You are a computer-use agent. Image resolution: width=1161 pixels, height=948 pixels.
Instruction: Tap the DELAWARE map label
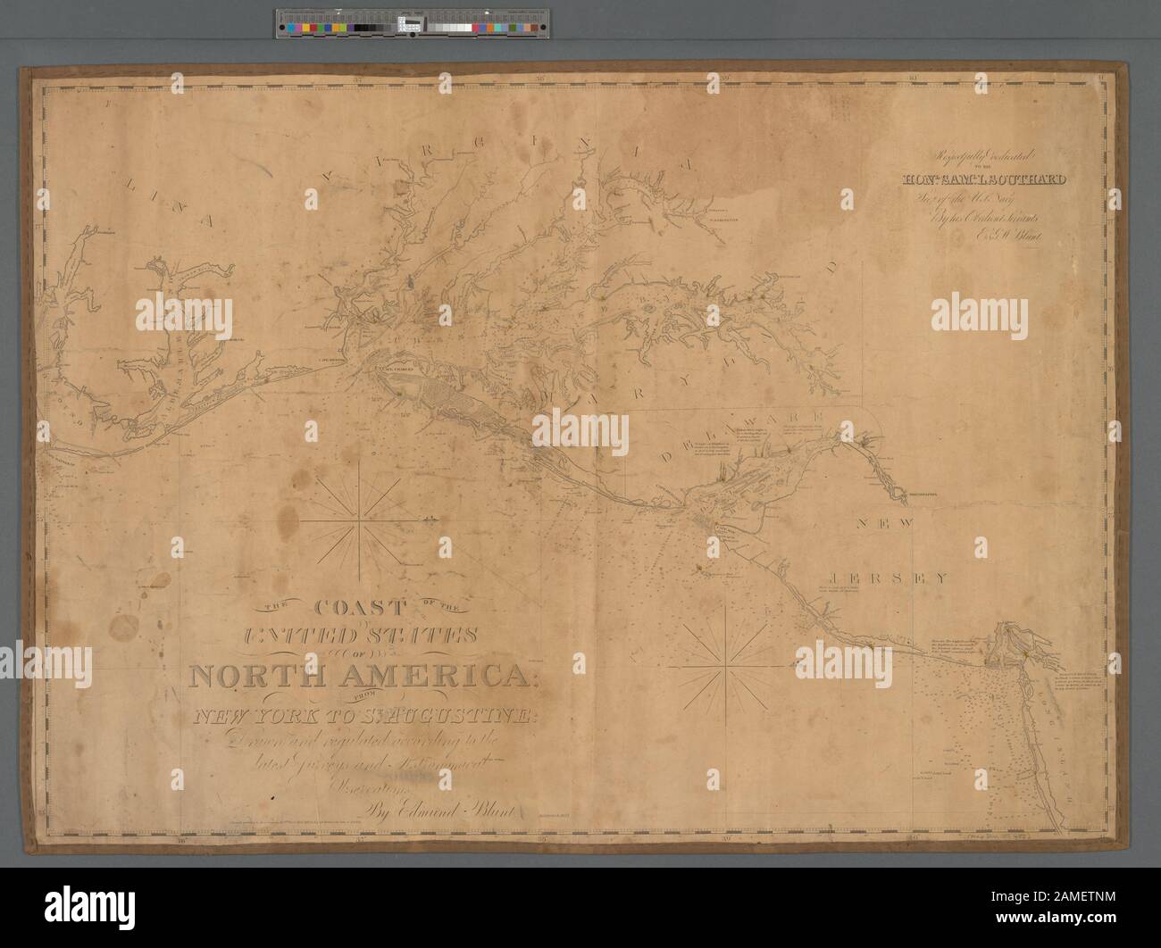[x=738, y=428]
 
